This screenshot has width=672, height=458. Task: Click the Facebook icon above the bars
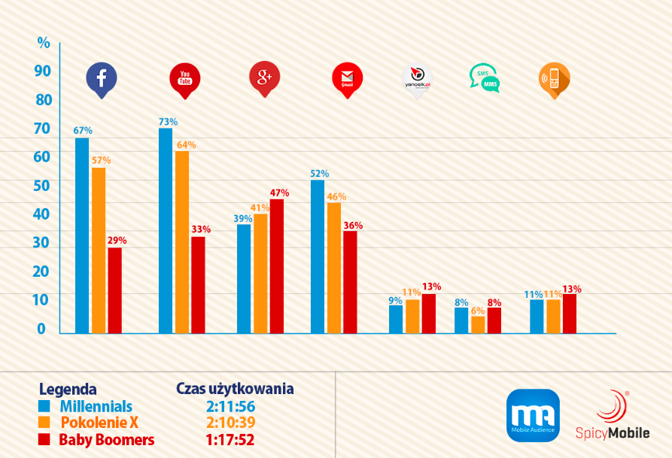tap(101, 78)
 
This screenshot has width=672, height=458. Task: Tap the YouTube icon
tap(185, 78)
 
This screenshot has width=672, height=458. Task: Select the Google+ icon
tap(265, 77)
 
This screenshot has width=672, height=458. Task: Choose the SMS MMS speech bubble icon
tap(484, 77)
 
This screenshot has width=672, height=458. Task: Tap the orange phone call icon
tap(553, 78)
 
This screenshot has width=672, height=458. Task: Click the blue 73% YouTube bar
tap(166, 230)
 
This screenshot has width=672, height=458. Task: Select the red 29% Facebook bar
tap(114, 290)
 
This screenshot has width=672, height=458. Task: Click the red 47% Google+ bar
tap(277, 265)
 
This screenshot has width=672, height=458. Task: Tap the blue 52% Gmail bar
tap(318, 256)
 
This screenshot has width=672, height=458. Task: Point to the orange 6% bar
tap(478, 324)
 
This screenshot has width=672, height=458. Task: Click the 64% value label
tap(186, 144)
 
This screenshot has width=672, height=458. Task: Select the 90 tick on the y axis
tap(42, 71)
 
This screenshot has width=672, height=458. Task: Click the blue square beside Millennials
tap(44, 406)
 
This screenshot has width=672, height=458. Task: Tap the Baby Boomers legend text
tap(106, 439)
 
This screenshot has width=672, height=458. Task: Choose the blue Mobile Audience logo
tap(533, 414)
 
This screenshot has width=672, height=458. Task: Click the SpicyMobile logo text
tap(613, 432)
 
